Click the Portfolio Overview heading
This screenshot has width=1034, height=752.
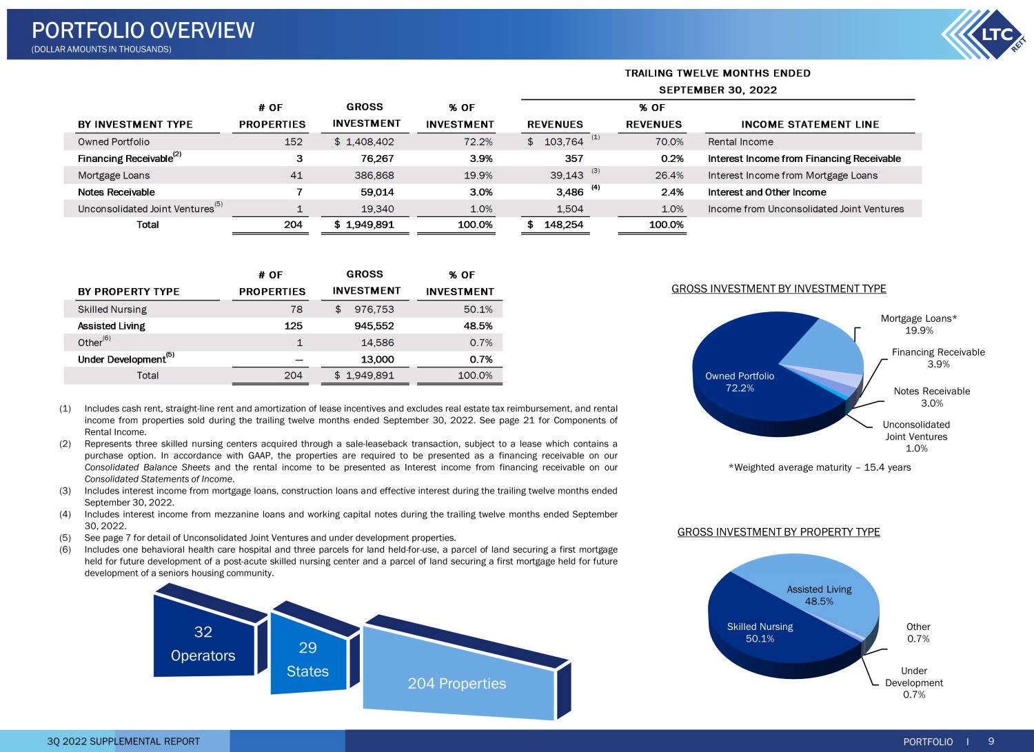pyautogui.click(x=143, y=30)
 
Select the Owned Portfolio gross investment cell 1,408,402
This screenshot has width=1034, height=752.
pyautogui.click(x=364, y=142)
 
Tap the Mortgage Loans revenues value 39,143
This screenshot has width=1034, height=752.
pyautogui.click(x=567, y=175)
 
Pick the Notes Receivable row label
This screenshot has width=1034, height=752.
pyautogui.click(x=116, y=192)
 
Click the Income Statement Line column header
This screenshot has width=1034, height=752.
pyautogui.click(x=810, y=124)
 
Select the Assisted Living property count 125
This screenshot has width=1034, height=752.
pyautogui.click(x=293, y=326)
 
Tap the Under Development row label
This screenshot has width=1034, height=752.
pyautogui.click(x=122, y=359)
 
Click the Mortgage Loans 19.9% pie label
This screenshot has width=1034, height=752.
pyautogui.click(x=919, y=324)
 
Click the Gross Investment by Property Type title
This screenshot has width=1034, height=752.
pyautogui.click(x=779, y=532)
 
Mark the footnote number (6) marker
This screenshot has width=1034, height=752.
pyautogui.click(x=65, y=549)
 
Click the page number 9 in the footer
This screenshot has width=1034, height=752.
pyautogui.click(x=991, y=742)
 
